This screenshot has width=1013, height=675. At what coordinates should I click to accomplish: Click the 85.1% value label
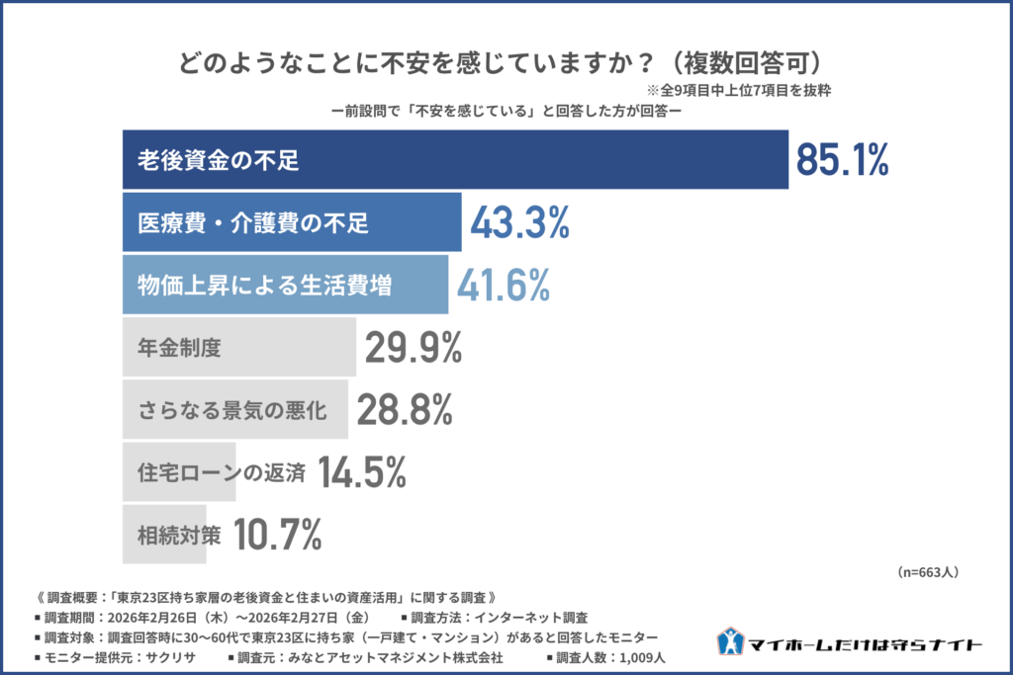click(843, 160)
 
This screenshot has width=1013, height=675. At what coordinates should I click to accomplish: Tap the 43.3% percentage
click(519, 223)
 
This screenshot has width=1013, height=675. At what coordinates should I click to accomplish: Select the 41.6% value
click(503, 286)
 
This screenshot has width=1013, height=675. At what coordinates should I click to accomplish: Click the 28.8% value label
click(405, 410)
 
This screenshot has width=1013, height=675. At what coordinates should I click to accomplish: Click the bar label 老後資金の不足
click(218, 160)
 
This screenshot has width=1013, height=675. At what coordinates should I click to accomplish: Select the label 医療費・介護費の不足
click(253, 223)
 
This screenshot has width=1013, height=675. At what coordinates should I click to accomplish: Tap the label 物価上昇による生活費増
click(264, 286)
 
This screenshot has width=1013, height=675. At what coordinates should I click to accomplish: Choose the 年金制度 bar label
click(178, 348)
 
